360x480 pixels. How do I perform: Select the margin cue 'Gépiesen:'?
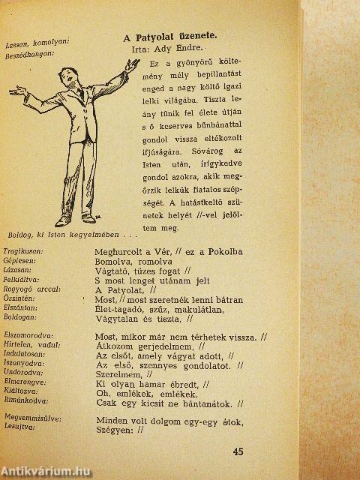coord(20,260)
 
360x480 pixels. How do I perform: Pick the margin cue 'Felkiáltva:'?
coord(23,280)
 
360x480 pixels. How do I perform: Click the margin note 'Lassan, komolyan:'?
coord(36,43)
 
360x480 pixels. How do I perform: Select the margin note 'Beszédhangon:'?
coord(28,55)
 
